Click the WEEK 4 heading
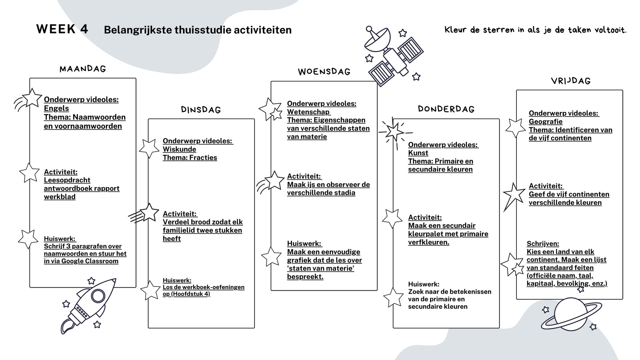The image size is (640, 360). [x=62, y=29]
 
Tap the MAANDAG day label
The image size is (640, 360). [x=83, y=69]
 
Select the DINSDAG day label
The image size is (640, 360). [x=201, y=110]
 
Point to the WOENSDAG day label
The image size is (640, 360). [x=324, y=72]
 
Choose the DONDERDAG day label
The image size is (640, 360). [x=446, y=109]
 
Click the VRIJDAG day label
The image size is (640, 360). [x=571, y=81]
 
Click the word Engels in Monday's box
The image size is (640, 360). [x=56, y=108]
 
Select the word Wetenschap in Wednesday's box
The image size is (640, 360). [x=308, y=112]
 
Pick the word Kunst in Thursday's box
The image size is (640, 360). [x=418, y=153]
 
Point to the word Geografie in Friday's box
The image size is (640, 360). [x=546, y=122]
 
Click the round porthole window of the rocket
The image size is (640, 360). [x=98, y=296]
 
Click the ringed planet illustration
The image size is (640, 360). [x=571, y=314]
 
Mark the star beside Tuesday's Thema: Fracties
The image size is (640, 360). [x=149, y=148]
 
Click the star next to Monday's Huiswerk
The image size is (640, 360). [x=28, y=238]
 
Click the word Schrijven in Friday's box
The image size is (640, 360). [x=543, y=244]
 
